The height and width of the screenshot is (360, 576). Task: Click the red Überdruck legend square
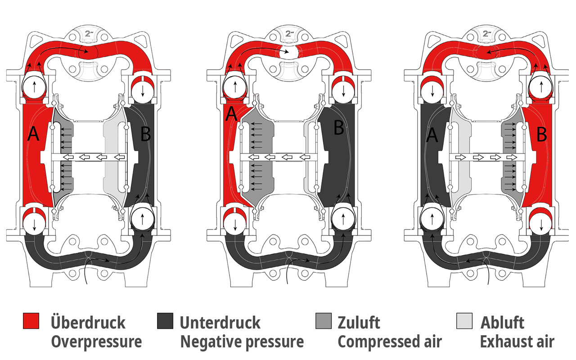pyautogui.click(x=31, y=321)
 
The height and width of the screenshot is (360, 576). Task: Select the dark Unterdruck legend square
pyautogui.click(x=165, y=321)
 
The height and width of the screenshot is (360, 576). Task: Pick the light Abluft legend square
pyautogui.click(x=464, y=321)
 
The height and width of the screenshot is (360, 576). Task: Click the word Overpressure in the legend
pyautogui.click(x=96, y=342)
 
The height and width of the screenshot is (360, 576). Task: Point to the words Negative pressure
pyautogui.click(x=242, y=342)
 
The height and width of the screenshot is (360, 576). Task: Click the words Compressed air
pyautogui.click(x=390, y=342)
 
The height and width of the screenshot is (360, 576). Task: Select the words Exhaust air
pyautogui.click(x=517, y=342)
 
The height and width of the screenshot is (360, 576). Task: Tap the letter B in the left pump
pyautogui.click(x=145, y=134)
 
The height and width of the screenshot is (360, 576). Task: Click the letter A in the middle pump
pyautogui.click(x=231, y=114)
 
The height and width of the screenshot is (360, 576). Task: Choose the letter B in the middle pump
pyautogui.click(x=339, y=128)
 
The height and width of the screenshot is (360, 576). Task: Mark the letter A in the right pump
pyautogui.click(x=432, y=134)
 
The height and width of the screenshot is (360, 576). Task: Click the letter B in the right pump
pyautogui.click(x=542, y=134)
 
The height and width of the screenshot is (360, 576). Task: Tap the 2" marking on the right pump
pyautogui.click(x=487, y=34)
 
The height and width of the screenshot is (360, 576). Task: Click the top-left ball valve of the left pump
pyautogui.click(x=35, y=85)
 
